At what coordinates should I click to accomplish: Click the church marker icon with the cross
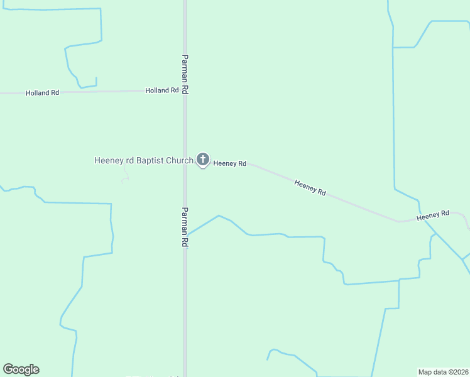(x=202, y=160)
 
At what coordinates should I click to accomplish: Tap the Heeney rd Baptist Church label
(x=143, y=160)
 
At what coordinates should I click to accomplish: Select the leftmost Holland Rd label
(x=42, y=93)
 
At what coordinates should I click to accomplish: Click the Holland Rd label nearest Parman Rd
(x=162, y=90)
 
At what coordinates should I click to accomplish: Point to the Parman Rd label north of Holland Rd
(x=185, y=73)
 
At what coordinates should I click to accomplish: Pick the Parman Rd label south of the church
(x=185, y=227)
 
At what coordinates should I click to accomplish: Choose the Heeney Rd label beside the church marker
(x=229, y=163)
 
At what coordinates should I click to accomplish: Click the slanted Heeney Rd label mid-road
(x=310, y=187)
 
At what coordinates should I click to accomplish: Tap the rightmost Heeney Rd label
(x=433, y=215)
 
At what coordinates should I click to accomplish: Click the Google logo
(x=21, y=369)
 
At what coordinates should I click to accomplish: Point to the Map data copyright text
(x=443, y=371)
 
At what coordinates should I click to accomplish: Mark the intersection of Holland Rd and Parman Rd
(x=185, y=91)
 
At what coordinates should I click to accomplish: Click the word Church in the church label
(x=180, y=160)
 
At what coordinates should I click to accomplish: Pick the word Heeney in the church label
(x=109, y=160)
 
